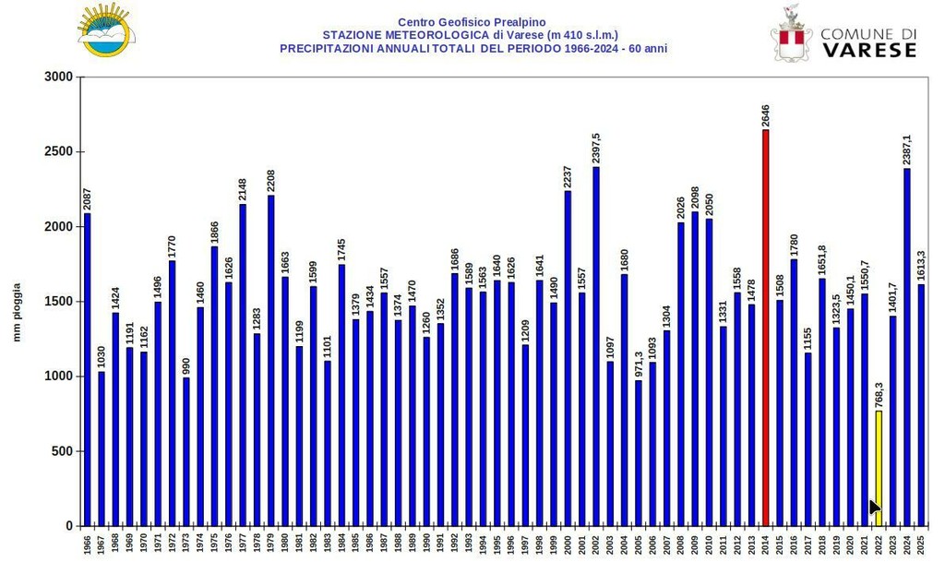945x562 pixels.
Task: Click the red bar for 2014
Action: [x=765, y=328]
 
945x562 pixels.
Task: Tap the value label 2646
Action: [x=765, y=114]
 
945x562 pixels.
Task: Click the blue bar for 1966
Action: [x=88, y=369]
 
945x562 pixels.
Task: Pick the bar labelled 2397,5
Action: [x=596, y=346]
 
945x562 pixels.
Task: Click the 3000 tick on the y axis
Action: [x=59, y=78]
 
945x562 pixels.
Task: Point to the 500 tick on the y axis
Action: [x=63, y=451]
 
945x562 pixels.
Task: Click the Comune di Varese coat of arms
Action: [x=790, y=35]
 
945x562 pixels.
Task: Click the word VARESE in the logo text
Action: [x=868, y=50]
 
